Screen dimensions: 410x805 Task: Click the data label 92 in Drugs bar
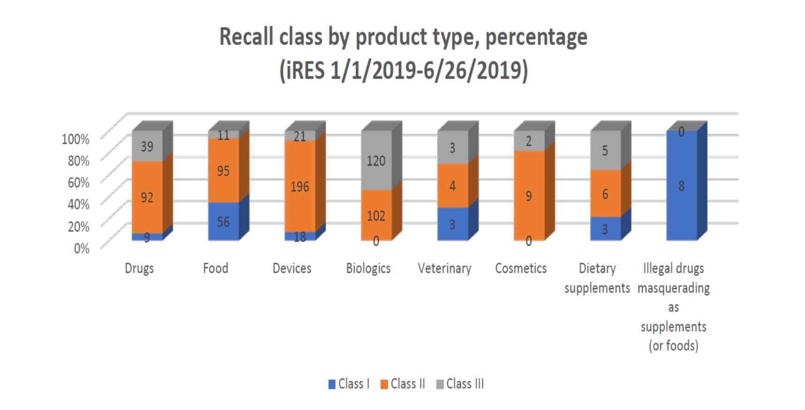147,197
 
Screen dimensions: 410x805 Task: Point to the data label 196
300,186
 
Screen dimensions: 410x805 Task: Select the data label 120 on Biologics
376,161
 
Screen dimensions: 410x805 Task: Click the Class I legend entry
349,384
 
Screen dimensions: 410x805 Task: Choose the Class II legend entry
403,384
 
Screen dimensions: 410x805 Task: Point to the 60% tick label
78,182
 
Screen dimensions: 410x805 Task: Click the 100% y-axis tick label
75,139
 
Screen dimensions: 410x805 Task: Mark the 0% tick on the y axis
82,248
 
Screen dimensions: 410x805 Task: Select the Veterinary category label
444,268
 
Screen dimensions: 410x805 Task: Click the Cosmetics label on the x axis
521,268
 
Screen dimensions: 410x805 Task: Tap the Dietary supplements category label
597,278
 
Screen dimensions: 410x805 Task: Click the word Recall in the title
247,37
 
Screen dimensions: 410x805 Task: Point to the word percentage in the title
536,37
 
